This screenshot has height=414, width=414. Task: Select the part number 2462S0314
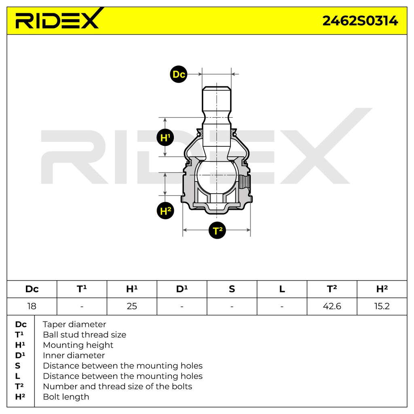point(360,21)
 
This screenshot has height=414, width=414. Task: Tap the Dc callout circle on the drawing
point(178,74)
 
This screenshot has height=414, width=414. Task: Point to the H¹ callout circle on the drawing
point(165,137)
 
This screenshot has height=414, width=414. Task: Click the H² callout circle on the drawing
point(165,211)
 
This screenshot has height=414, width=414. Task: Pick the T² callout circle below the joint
point(217,230)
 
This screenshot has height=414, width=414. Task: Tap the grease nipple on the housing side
point(245,182)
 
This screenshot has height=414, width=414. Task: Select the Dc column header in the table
point(32,289)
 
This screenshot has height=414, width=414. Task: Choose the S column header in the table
point(232,289)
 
